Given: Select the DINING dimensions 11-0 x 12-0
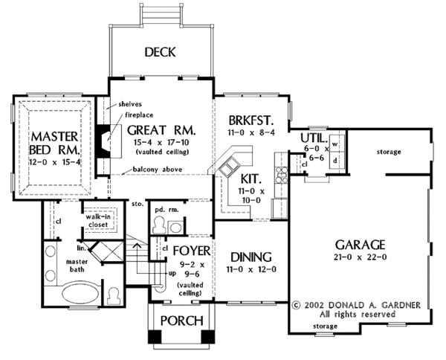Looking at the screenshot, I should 249,269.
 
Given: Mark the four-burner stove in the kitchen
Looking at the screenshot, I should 282,175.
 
